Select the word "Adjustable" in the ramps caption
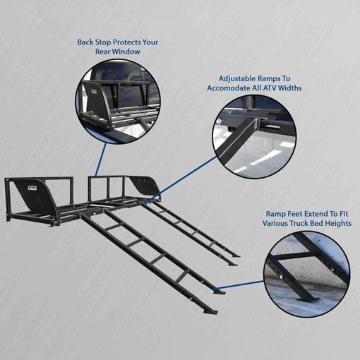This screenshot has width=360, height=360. click(x=237, y=79)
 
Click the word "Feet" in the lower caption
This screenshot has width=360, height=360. click(x=295, y=214)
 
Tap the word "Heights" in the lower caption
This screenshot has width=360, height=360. click(x=339, y=223)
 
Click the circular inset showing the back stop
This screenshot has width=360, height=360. click(x=118, y=101)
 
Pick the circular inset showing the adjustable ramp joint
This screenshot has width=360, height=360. click(x=254, y=136)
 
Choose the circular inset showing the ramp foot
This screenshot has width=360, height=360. click(x=306, y=275)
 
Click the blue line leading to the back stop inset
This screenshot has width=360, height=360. click(x=100, y=160)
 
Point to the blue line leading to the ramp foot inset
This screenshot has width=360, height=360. click(x=240, y=284)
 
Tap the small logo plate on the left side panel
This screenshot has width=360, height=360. click(x=31, y=188)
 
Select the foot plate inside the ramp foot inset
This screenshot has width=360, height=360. click(x=308, y=301)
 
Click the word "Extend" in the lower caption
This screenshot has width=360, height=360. click(x=316, y=214)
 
